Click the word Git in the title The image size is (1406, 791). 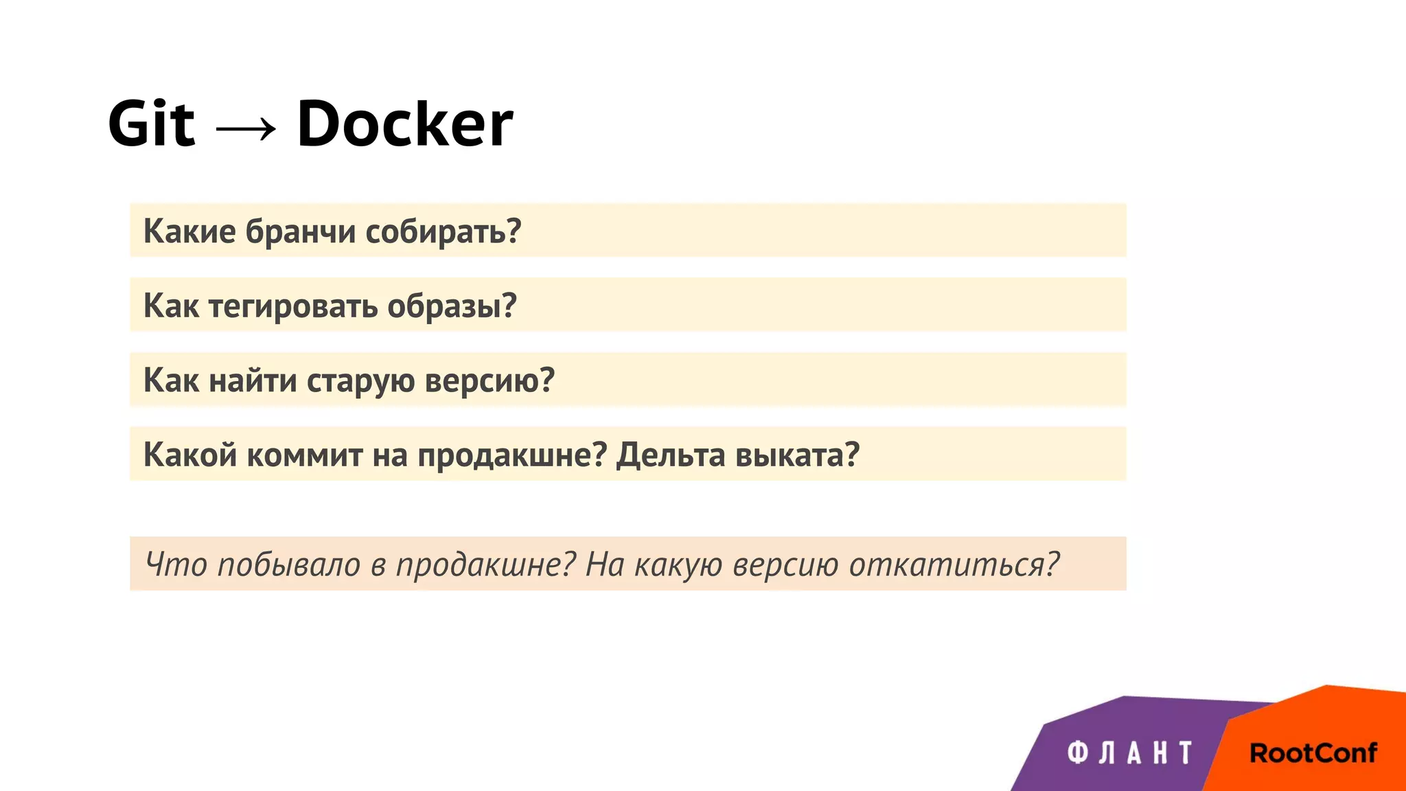pyautogui.click(x=152, y=124)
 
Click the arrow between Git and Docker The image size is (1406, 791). pyautogui.click(x=246, y=128)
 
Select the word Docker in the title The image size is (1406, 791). pyautogui.click(x=404, y=124)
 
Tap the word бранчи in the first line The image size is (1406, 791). pyautogui.click(x=301, y=231)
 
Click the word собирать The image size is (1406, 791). pyautogui.click(x=443, y=231)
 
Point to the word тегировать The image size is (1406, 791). pyautogui.click(x=293, y=306)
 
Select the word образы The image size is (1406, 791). pyautogui.click(x=451, y=306)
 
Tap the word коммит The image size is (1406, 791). pyautogui.click(x=305, y=455)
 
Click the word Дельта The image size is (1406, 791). pyautogui.click(x=671, y=455)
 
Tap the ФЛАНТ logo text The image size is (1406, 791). pyautogui.click(x=1130, y=753)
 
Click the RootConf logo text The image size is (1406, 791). pyautogui.click(x=1313, y=753)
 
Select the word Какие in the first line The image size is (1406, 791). pyautogui.click(x=189, y=231)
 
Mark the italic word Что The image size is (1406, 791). pyautogui.click(x=176, y=565)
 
